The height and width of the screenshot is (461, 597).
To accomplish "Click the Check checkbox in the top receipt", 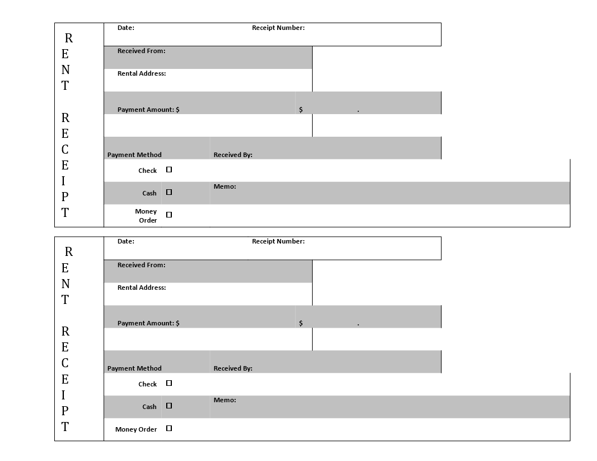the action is [169, 169].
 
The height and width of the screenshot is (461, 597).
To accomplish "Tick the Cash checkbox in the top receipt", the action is [169, 192].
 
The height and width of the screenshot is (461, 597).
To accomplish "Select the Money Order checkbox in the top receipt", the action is [169, 215].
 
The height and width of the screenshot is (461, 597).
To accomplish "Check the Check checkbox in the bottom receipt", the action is [169, 383].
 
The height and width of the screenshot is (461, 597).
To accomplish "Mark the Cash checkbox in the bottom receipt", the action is [169, 406].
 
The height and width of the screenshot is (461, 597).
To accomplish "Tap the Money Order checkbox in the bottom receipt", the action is [169, 428].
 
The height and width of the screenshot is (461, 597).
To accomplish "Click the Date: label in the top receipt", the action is [126, 28].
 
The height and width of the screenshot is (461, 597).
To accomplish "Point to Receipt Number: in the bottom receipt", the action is [278, 241].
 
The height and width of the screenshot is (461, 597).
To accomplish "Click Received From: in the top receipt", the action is [141, 51].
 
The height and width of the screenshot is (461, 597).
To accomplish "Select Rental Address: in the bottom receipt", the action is [142, 288].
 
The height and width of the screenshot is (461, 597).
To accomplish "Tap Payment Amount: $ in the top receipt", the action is [149, 110].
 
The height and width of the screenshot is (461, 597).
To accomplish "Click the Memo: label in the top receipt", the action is [224, 186].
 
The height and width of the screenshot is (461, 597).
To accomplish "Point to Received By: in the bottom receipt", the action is [233, 368].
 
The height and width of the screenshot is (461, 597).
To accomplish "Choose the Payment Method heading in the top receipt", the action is [135, 155].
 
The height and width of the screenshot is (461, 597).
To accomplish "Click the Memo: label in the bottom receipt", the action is [224, 400].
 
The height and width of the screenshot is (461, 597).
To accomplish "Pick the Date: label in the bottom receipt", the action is [126, 241].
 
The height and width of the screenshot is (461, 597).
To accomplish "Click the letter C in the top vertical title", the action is [65, 150].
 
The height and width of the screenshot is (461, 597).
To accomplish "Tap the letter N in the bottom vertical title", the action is [66, 284].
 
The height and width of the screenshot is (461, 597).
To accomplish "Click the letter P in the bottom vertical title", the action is [65, 411].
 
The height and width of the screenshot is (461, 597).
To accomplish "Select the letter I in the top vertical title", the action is [63, 181].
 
